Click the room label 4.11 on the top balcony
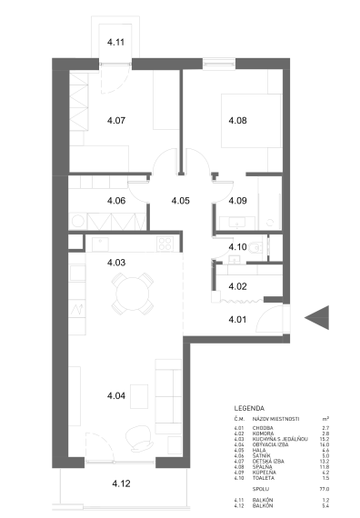pos(116,42)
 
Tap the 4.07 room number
pos(116,120)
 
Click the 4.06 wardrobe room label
pos(116,200)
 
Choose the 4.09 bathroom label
pos(237,200)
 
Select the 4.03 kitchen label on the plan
pos(116,263)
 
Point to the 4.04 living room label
pos(116,396)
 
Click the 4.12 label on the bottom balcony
pos(122,483)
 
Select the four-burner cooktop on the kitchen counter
pos(165,243)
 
